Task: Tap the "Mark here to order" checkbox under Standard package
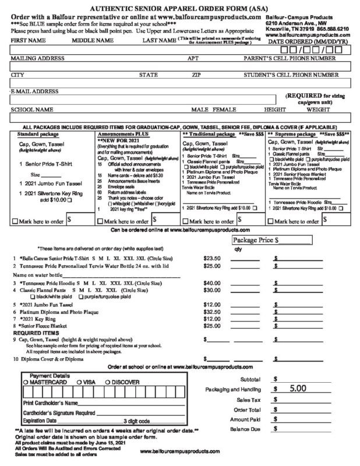(x=15, y=221)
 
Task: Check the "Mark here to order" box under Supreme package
(x=270, y=221)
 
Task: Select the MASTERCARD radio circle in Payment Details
(x=25, y=382)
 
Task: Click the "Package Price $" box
(x=273, y=239)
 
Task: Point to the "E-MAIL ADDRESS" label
(x=34, y=91)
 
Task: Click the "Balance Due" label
(x=247, y=429)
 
